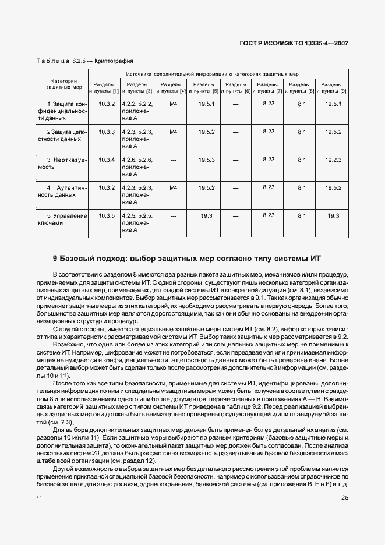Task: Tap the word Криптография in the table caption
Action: click(x=114, y=61)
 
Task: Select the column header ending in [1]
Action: click(x=104, y=88)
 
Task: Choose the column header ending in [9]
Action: click(x=332, y=88)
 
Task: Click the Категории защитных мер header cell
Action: click(x=62, y=84)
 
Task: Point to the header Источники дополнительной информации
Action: click(x=217, y=74)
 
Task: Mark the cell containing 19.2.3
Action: click(x=333, y=160)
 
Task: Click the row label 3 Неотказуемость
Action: click(x=62, y=162)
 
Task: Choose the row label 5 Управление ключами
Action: click(x=62, y=219)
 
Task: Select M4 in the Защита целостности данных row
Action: click(x=173, y=132)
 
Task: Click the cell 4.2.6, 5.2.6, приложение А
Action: click(x=137, y=167)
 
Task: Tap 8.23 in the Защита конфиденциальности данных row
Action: click(x=269, y=103)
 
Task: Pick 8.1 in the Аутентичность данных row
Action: click(x=302, y=187)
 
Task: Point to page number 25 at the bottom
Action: click(x=345, y=497)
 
